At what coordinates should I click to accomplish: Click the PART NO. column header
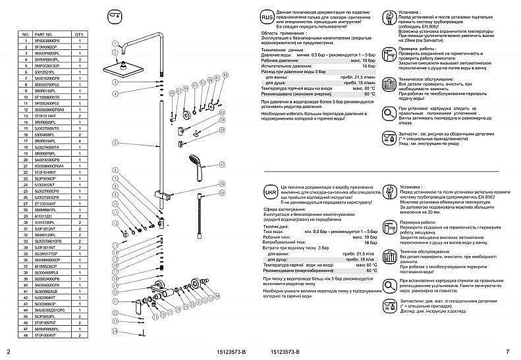pyautogui.click(x=43, y=33)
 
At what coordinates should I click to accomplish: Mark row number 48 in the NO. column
pyautogui.click(x=24, y=336)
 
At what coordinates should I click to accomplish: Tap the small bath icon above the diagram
pyautogui.click(x=113, y=15)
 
